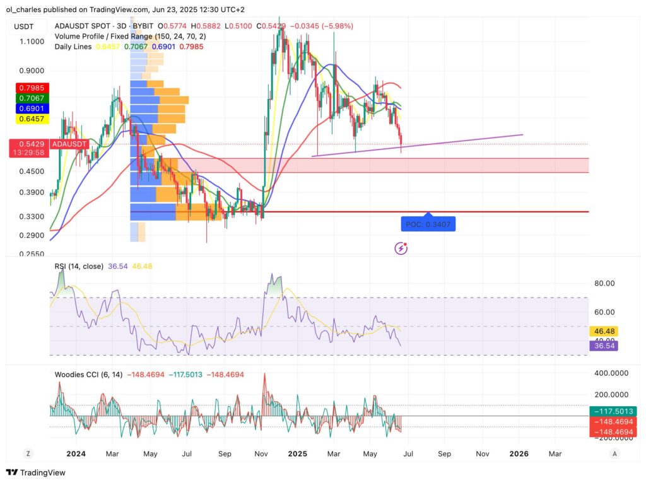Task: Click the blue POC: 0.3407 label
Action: coord(428,223)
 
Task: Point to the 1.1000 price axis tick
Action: coord(31,42)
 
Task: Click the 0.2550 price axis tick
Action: coord(31,254)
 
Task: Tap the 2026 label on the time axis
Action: coord(519,453)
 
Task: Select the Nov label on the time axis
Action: coord(482,453)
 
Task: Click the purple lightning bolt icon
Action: coord(401,248)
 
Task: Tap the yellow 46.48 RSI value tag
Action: coord(609,330)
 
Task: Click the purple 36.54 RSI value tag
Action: coord(609,346)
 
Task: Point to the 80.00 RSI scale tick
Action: coord(604,283)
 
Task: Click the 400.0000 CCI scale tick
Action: coord(612,373)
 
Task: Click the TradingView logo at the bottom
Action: coord(36,472)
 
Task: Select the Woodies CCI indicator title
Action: coord(88,375)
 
